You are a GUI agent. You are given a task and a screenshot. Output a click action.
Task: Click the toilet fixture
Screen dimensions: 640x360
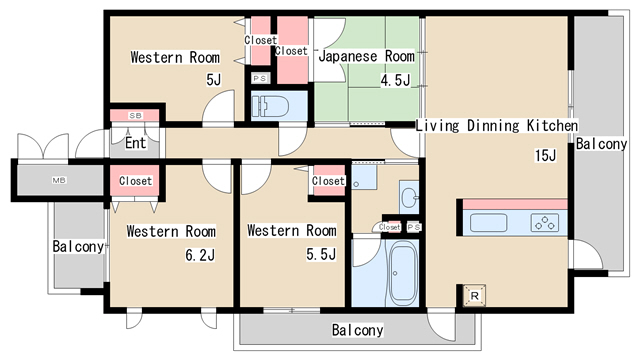click(x=271, y=106)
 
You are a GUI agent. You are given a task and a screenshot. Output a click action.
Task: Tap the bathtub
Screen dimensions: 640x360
click(x=402, y=273)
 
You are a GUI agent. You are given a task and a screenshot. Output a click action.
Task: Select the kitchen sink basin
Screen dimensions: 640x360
click(x=489, y=223)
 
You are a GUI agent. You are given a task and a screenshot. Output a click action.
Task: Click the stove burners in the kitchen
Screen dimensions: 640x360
click(x=545, y=223)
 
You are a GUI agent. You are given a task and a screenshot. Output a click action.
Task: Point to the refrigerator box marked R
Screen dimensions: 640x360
click(x=474, y=295)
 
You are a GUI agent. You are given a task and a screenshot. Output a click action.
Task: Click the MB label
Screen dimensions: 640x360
click(x=59, y=180)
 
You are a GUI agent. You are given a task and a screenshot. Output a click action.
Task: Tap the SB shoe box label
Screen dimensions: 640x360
click(x=136, y=116)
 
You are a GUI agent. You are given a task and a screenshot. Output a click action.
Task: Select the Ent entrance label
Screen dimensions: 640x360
click(x=136, y=143)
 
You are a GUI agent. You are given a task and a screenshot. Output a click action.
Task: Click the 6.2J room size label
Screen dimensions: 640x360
click(x=200, y=255)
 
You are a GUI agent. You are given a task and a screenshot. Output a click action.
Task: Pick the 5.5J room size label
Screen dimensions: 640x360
click(x=321, y=254)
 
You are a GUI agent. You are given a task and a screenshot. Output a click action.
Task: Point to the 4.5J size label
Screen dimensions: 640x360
click(x=396, y=80)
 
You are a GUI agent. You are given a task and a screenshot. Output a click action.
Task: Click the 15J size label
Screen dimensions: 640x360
click(x=546, y=156)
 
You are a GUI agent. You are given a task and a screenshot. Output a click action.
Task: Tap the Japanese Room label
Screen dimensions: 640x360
click(x=367, y=56)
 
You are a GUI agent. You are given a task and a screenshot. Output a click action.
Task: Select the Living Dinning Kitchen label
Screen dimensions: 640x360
click(x=497, y=125)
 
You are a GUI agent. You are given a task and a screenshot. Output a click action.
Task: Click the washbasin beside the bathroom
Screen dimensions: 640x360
click(x=409, y=198)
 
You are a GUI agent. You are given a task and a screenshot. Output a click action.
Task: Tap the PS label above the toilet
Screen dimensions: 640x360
click(x=260, y=78)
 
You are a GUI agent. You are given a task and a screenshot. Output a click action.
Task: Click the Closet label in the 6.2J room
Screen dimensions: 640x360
click(x=136, y=180)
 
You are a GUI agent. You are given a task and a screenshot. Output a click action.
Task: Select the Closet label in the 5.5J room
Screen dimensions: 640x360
click(x=329, y=180)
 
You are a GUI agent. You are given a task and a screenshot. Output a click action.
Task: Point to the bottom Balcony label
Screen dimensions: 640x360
click(x=358, y=330)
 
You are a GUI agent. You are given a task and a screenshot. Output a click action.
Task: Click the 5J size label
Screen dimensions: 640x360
click(x=213, y=79)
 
